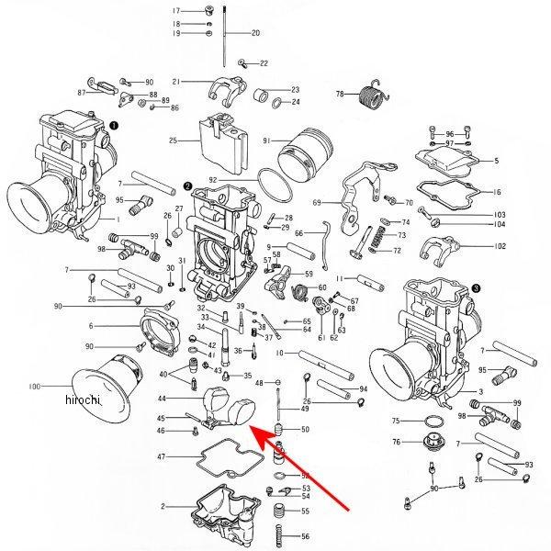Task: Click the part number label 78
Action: tap(339, 95)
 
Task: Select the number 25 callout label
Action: tap(173, 141)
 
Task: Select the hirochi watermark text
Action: tap(83, 401)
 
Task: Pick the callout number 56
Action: tap(306, 535)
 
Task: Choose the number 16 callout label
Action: tap(498, 193)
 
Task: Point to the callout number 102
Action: tap(500, 246)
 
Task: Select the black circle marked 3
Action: tap(475, 287)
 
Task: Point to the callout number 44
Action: tap(162, 399)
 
